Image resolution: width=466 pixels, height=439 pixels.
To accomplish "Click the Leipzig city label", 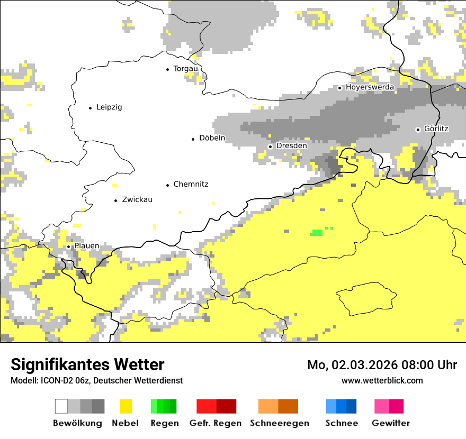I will [x=109, y=107].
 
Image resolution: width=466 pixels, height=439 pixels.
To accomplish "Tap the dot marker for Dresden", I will [x=270, y=146].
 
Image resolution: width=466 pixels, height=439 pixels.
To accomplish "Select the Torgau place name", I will [x=185, y=69].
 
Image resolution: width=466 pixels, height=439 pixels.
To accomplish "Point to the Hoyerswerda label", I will [x=370, y=87].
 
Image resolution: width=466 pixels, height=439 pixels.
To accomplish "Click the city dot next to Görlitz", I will [x=418, y=129].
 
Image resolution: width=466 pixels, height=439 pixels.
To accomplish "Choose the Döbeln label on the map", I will [x=212, y=138].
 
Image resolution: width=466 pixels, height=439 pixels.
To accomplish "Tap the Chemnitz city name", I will [x=191, y=184].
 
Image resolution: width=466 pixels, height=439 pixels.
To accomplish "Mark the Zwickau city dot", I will [x=115, y=200].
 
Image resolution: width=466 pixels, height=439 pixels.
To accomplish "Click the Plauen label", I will [x=86, y=246].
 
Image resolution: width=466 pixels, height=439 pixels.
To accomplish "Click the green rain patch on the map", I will [x=317, y=232].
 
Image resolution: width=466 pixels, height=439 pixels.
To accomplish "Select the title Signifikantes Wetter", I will [x=87, y=364].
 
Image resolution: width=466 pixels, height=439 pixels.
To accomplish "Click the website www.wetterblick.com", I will [x=382, y=380].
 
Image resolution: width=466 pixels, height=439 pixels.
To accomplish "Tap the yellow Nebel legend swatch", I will [x=126, y=406].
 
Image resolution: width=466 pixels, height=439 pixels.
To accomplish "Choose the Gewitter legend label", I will [x=391, y=423].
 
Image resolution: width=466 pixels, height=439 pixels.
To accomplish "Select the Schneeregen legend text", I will [x=280, y=423].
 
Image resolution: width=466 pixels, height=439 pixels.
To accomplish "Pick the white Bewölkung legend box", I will [x=61, y=406].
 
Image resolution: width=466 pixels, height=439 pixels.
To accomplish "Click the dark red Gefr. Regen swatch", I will [x=226, y=406].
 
